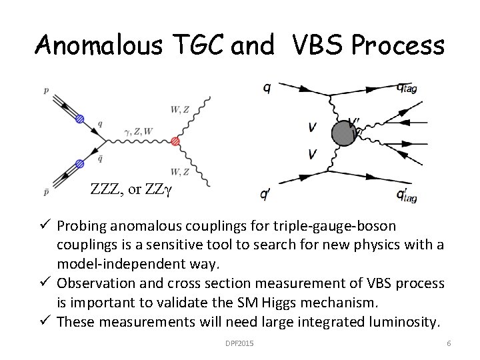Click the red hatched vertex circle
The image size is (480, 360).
tap(176, 141)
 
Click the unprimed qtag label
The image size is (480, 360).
tap(406, 87)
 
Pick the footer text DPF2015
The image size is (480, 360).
tap(240, 343)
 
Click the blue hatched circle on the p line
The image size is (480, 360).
tap(81, 119)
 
